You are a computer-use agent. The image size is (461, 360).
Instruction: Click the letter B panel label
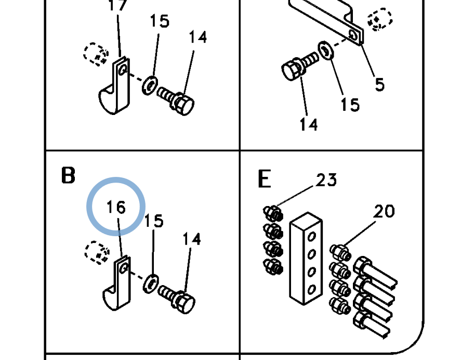point(68,175)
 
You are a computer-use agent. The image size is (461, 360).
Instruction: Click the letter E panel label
point(264,178)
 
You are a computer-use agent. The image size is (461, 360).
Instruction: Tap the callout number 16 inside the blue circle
point(116,207)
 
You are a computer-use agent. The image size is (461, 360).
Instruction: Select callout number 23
point(326,180)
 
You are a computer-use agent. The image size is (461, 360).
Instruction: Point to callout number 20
point(384,211)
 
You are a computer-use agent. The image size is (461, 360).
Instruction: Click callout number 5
point(380,84)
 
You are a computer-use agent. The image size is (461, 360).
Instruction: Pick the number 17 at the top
point(117,5)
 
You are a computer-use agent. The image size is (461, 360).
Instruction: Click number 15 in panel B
point(154,221)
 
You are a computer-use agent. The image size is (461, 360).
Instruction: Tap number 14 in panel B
point(192,239)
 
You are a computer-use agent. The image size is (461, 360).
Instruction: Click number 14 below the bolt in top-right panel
point(309,124)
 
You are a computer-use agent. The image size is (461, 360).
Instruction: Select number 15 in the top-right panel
point(350,105)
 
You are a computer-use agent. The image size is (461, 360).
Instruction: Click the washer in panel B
point(151,284)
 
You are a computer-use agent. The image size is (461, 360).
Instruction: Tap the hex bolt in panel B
point(177,299)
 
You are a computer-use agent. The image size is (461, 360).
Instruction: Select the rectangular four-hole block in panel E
point(306,259)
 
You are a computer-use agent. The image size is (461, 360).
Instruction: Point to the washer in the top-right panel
point(325,50)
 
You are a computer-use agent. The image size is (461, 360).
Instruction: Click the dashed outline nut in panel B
point(97,252)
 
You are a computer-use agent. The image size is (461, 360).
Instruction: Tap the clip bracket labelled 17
point(115,85)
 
